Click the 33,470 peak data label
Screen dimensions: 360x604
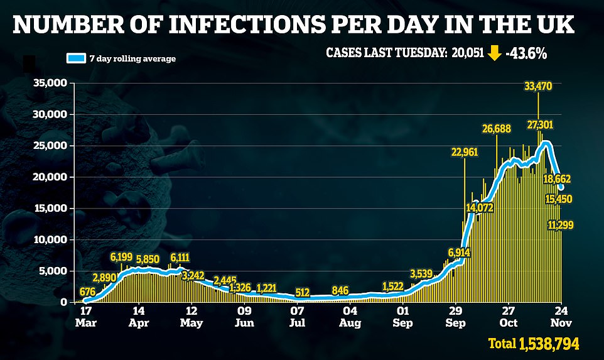538,87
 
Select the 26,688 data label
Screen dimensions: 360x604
496,129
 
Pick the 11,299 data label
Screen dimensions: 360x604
560,225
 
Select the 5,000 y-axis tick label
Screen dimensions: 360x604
53,271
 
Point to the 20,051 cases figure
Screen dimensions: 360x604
468,53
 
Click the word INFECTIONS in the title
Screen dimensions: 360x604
208,26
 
